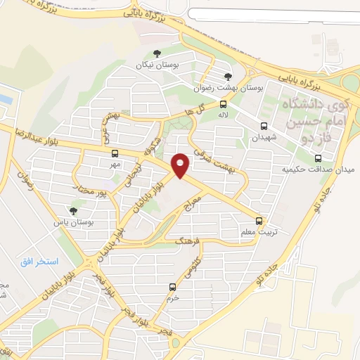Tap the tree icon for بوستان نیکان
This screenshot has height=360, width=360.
[x=157, y=53]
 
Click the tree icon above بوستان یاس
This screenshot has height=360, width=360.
[x=74, y=210]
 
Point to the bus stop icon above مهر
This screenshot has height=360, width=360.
[x=115, y=153]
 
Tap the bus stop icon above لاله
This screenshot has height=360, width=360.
[x=223, y=103]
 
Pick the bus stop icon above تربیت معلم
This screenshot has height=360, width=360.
[x=260, y=220]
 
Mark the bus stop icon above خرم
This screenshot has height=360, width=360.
[x=172, y=286]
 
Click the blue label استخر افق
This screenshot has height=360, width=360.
[x=39, y=262]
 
